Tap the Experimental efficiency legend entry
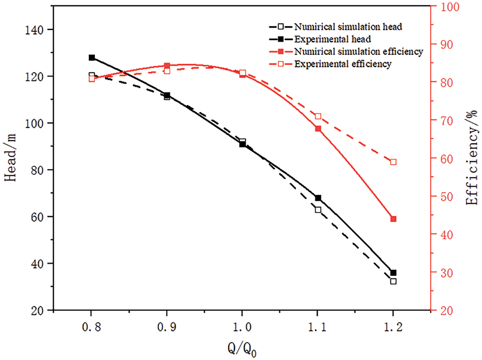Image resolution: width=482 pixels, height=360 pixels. (343, 64)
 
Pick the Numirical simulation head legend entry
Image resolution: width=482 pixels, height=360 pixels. (348, 26)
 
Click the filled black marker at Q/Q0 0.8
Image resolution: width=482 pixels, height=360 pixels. (92, 58)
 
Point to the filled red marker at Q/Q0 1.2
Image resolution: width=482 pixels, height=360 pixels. (393, 219)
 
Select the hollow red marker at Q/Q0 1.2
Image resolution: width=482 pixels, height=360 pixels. (393, 162)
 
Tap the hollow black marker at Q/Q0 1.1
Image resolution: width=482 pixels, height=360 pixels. (318, 210)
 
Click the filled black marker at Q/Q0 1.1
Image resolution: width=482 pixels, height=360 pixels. (318, 198)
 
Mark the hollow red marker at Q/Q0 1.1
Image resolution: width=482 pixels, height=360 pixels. (318, 116)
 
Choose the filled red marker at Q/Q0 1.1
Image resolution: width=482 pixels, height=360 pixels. (318, 128)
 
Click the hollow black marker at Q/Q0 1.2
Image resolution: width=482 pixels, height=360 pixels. (393, 281)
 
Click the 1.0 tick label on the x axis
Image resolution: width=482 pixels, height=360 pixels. (242, 327)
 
